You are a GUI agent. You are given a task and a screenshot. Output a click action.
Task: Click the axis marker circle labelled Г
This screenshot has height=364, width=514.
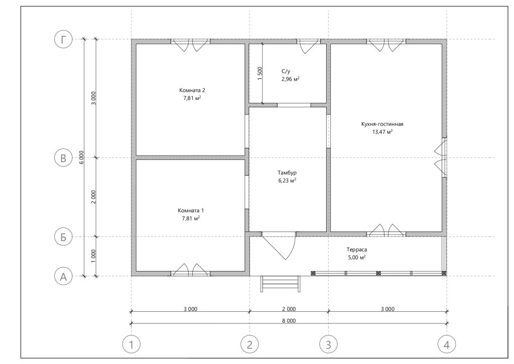(63, 39)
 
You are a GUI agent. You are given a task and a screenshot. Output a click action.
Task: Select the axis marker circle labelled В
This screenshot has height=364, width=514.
(63, 158)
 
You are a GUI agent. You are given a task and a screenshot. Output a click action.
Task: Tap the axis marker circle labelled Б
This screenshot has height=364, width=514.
(63, 237)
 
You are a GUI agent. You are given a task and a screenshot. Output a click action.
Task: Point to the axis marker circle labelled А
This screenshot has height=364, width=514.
(63, 277)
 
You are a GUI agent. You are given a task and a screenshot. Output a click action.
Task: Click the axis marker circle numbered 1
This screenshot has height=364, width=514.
(132, 344)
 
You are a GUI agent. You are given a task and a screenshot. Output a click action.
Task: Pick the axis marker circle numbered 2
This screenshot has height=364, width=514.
(250, 344)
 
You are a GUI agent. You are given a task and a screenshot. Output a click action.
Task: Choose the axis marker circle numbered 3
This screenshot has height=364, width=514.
(328, 344)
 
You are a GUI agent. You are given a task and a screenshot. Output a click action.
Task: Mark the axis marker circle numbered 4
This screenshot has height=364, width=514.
(447, 344)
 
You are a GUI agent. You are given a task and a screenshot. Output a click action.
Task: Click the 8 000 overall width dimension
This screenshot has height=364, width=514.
(289, 321)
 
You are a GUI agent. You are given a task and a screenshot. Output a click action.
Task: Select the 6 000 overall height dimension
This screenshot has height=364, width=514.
(81, 158)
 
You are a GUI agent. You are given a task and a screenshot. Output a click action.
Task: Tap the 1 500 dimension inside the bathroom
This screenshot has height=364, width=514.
(260, 74)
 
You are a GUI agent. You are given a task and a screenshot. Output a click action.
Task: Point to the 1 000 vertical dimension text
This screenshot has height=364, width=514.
(93, 257)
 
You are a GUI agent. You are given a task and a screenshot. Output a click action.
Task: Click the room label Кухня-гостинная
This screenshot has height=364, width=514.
(382, 125)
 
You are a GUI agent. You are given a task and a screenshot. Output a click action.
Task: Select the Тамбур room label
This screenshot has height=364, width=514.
(287, 173)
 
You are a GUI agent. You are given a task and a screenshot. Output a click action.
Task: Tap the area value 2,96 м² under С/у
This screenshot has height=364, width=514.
(291, 79)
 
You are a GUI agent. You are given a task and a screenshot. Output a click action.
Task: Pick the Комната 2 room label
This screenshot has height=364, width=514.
(192, 90)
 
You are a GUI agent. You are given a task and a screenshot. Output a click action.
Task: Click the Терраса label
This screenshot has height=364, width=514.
(357, 250)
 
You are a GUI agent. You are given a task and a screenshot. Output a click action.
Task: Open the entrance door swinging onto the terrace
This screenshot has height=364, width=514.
(279, 247)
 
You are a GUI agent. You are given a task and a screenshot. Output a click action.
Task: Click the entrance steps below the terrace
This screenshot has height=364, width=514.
(280, 284)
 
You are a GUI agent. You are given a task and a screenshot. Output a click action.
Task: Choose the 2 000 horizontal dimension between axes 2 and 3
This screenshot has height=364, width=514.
(289, 309)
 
